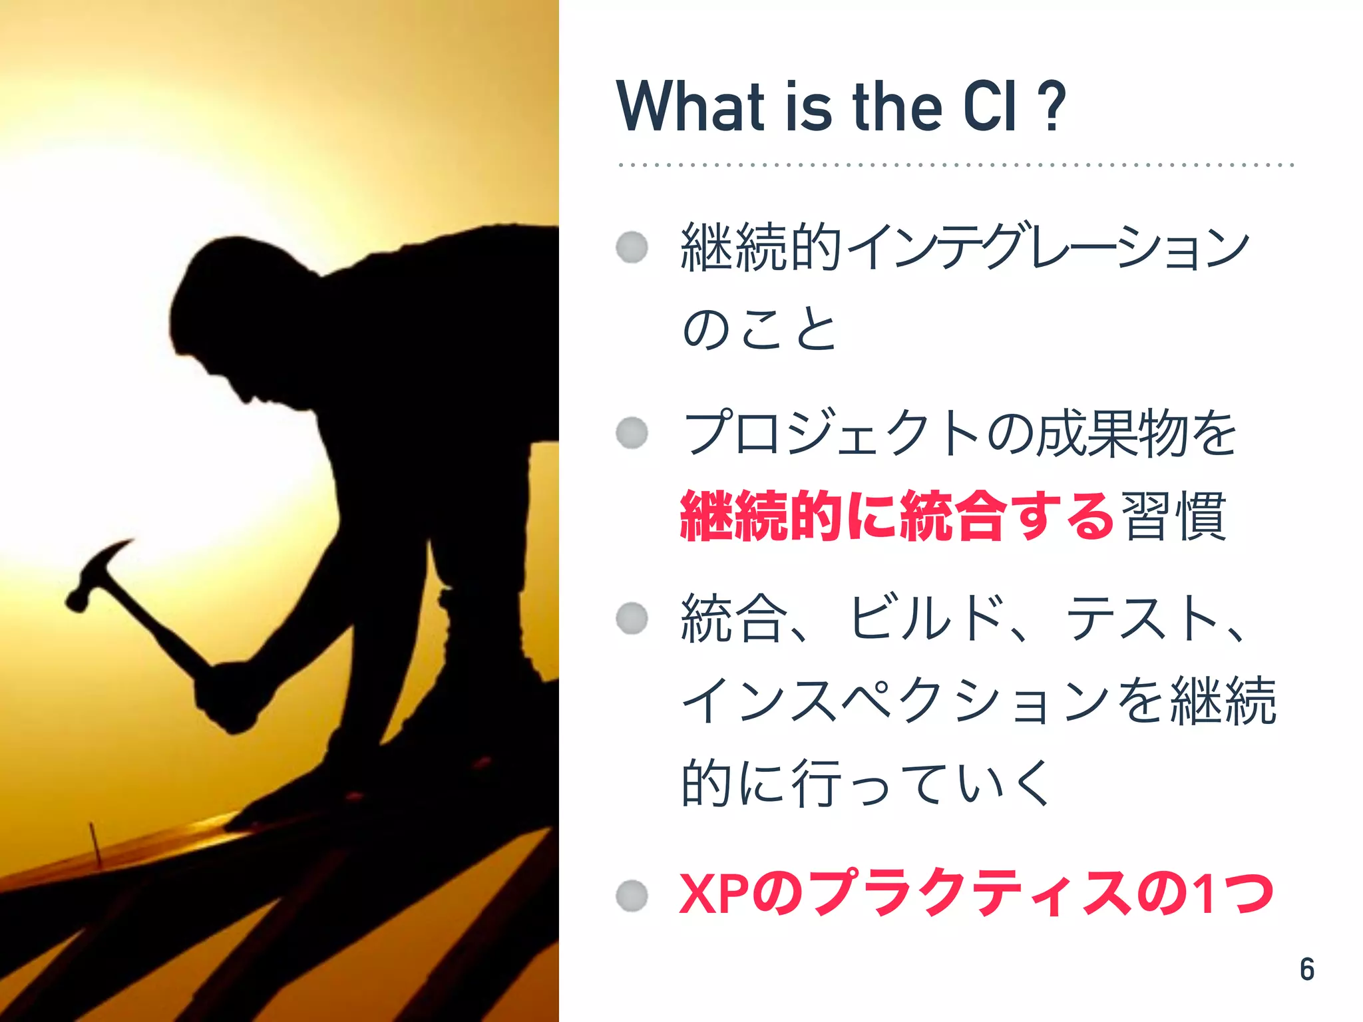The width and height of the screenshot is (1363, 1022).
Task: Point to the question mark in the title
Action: (1052, 106)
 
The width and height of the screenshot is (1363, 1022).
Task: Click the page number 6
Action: (1306, 969)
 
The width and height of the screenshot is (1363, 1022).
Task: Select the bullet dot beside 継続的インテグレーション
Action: (632, 248)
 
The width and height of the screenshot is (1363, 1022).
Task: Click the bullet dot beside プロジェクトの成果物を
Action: (632, 433)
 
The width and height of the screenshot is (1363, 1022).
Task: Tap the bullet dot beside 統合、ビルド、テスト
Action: (632, 618)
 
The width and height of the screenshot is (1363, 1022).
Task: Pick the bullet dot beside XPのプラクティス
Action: (632, 895)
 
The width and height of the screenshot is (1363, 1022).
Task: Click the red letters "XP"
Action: (715, 894)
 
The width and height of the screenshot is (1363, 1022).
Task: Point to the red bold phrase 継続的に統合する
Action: (896, 516)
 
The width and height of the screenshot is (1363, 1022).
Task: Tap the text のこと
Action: (759, 329)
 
